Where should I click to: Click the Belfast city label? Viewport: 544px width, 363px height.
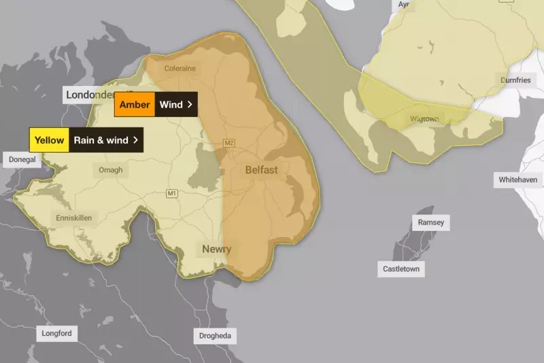pyautogui.click(x=261, y=170)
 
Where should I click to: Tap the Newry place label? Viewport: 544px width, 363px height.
pyautogui.click(x=216, y=249)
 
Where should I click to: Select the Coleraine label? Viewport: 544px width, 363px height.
pyautogui.click(x=180, y=69)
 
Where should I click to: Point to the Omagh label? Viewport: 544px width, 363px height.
pyautogui.click(x=111, y=170)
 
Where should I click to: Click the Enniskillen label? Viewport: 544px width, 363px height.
pyautogui.click(x=74, y=218)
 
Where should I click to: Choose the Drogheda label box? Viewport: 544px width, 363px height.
pyautogui.click(x=215, y=336)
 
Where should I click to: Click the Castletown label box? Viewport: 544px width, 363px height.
pyautogui.click(x=401, y=269)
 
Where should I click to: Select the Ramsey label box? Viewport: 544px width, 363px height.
pyautogui.click(x=431, y=223)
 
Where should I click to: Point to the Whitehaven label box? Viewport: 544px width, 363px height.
pyautogui.click(x=518, y=179)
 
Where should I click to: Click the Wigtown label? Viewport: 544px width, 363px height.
pyautogui.click(x=424, y=119)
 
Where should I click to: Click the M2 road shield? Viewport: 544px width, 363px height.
pyautogui.click(x=229, y=143)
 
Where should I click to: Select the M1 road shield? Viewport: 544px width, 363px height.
pyautogui.click(x=171, y=194)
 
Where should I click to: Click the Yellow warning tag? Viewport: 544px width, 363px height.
pyautogui.click(x=50, y=140)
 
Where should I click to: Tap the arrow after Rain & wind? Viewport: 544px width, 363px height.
pyautogui.click(x=136, y=140)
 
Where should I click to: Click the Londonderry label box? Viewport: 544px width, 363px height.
pyautogui.click(x=89, y=95)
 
